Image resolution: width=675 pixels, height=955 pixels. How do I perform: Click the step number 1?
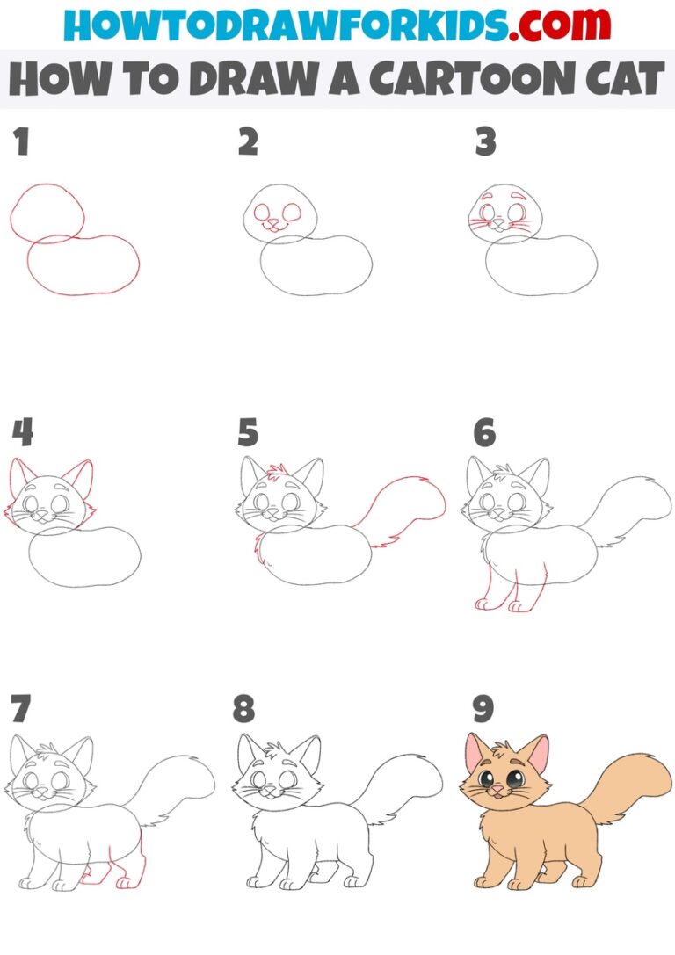coord(22,142)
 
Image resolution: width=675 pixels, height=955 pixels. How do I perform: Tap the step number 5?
coord(249,432)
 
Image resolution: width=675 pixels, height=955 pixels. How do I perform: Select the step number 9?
coord(483,709)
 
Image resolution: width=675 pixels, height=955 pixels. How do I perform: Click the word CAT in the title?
coord(619,79)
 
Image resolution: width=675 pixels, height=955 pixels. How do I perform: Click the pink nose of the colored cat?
coord(497,791)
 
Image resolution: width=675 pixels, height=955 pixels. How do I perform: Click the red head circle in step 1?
coord(47,211)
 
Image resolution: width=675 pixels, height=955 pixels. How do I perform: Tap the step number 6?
coord(483,432)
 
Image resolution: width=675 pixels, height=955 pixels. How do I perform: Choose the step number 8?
coord(245,709)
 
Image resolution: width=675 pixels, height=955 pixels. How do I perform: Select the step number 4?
coord(24,432)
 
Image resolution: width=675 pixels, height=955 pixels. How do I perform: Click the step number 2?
coord(249,142)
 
